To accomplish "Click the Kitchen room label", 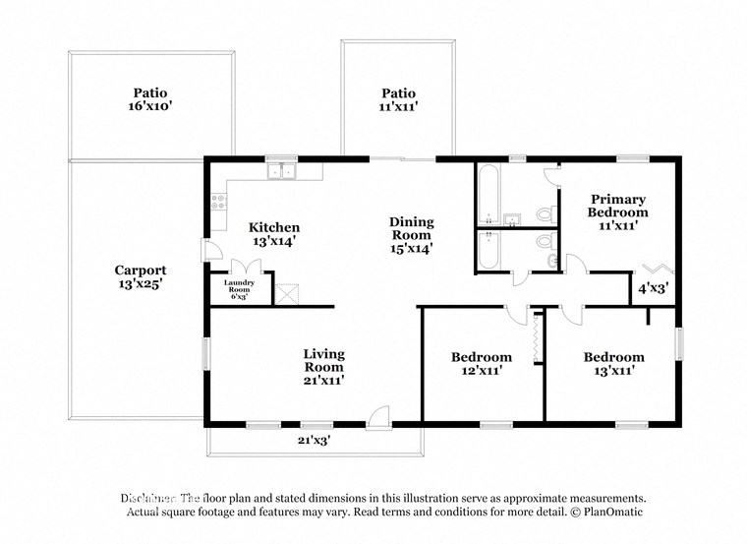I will click(273, 234).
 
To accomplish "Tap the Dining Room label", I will click(411, 235).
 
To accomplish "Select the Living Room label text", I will click(323, 366).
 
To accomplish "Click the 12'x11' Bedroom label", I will click(481, 364).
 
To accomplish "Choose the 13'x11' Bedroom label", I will click(613, 364).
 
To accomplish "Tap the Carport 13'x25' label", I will click(140, 276).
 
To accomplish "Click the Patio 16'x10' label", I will click(145, 98).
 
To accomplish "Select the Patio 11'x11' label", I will click(399, 99).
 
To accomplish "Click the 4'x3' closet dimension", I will click(652, 289).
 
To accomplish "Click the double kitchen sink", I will click(283, 171).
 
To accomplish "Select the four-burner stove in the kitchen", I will click(217, 205).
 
